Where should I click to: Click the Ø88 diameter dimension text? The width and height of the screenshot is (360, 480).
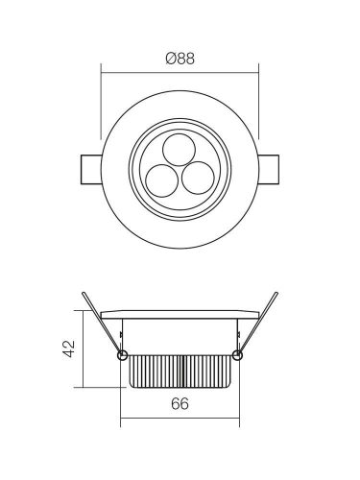180,59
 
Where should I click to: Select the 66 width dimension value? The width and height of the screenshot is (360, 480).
179,405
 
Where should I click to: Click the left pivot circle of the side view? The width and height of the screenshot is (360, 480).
121,356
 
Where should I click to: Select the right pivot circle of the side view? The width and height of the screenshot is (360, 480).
237,356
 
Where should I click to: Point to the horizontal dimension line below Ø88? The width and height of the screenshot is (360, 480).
180,71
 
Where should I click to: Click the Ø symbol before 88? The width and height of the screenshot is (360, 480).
169,59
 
